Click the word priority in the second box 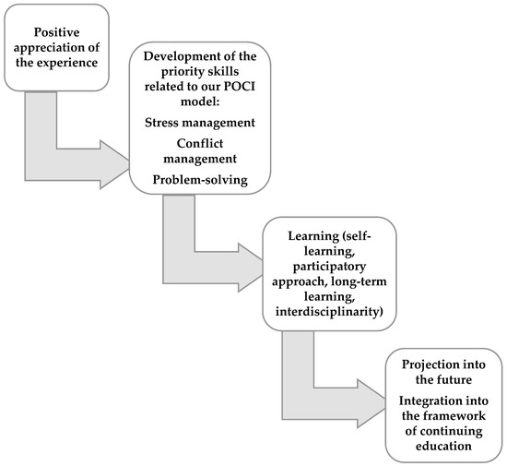pos(171,77)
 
